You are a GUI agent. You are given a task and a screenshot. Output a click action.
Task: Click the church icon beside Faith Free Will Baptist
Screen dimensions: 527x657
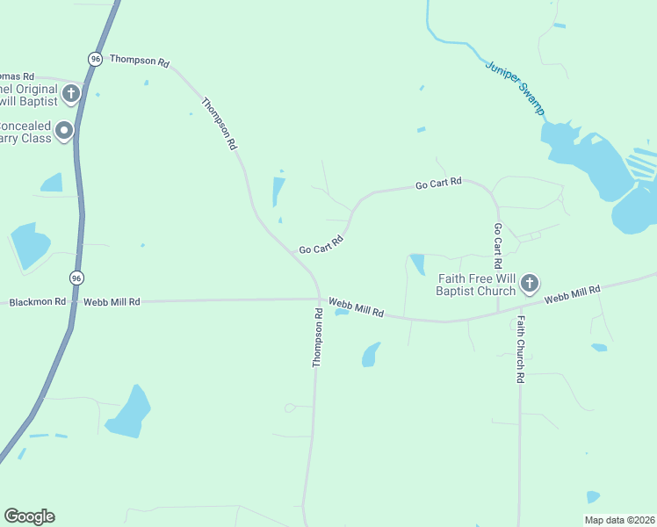pyautogui.click(x=529, y=283)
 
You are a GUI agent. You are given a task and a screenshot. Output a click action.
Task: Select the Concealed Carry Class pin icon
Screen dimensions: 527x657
pyautogui.click(x=64, y=132)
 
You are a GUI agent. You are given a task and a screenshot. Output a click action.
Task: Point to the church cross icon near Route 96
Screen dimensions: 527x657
pyautogui.click(x=71, y=91)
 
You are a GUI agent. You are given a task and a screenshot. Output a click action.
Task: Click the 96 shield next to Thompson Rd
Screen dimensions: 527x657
pyautogui.click(x=95, y=58)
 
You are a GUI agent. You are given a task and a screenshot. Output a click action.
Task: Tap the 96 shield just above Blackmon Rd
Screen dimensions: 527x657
pyautogui.click(x=76, y=277)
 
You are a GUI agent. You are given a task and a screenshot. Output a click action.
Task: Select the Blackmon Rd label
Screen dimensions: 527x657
pyautogui.click(x=37, y=302)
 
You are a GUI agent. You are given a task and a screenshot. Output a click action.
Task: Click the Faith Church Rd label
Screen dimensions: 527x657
pyautogui.click(x=520, y=349)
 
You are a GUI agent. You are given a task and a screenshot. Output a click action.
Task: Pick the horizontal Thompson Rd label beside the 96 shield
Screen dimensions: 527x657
pyautogui.click(x=139, y=61)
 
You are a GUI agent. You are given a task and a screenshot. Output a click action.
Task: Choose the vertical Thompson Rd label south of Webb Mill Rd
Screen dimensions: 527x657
pyautogui.click(x=318, y=337)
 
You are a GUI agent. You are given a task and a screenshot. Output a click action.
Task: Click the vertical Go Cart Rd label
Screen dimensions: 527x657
pyautogui.click(x=497, y=245)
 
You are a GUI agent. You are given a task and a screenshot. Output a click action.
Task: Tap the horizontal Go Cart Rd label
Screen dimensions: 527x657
pyautogui.click(x=438, y=184)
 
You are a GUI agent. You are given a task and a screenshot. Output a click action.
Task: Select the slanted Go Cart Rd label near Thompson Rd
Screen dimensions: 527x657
pyautogui.click(x=321, y=244)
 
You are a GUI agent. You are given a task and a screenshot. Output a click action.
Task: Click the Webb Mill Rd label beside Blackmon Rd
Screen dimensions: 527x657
pyautogui.click(x=112, y=302)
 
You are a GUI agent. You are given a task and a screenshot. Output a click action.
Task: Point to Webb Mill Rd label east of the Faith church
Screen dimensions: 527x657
pyautogui.click(x=572, y=294)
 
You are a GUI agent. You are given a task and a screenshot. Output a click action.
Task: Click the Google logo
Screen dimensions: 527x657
pyautogui.click(x=29, y=516)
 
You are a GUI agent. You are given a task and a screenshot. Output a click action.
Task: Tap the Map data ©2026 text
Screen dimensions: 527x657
pyautogui.click(x=620, y=520)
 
